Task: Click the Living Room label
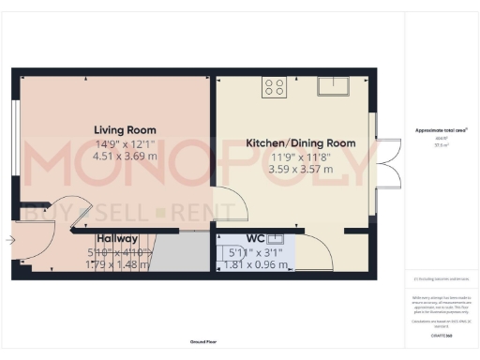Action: [124, 129]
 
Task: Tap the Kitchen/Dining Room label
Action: [301, 143]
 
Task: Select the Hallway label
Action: [117, 239]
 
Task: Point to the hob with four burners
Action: [275, 87]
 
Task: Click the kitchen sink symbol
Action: [332, 86]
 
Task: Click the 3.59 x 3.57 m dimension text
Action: [301, 171]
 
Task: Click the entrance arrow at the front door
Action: [9, 240]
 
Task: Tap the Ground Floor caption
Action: [202, 343]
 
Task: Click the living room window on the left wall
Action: [16, 141]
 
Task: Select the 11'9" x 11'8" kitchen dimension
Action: [301, 157]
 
